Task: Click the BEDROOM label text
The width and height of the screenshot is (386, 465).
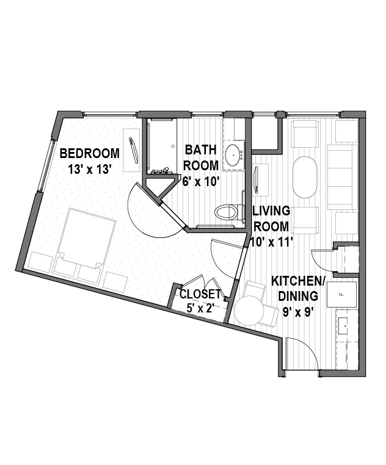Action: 90,154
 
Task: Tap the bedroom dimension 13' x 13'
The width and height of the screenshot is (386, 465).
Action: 90,170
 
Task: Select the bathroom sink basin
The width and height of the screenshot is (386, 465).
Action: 233,155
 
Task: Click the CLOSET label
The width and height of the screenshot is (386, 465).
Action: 200,294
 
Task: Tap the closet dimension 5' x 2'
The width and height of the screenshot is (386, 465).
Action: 200,308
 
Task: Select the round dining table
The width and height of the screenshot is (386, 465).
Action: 249,311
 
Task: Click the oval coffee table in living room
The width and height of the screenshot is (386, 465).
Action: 305,177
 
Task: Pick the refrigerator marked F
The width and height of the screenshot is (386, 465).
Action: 341,294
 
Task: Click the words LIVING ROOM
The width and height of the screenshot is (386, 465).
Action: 271,219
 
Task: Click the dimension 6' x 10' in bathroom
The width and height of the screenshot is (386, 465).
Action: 201,181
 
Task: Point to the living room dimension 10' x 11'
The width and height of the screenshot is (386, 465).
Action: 272,242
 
